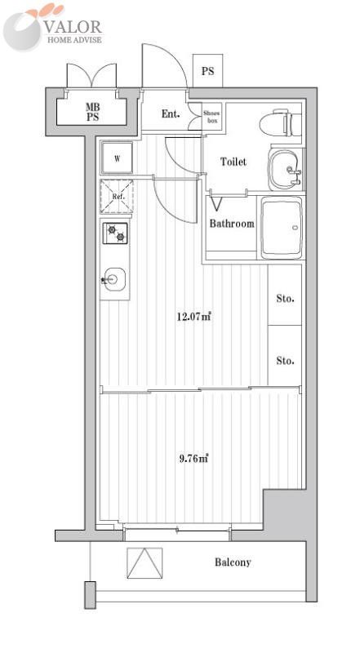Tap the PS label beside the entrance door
[208, 71]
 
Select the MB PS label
[94, 113]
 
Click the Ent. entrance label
[171, 114]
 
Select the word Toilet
[233, 162]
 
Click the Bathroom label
[232, 224]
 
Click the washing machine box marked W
[117, 158]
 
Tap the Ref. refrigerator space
[117, 196]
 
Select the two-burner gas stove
[115, 234]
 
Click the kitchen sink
[113, 281]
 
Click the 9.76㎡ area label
[194, 458]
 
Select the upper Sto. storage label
[285, 299]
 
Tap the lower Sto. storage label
[285, 360]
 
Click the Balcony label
[233, 562]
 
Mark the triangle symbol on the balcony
[144, 563]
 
